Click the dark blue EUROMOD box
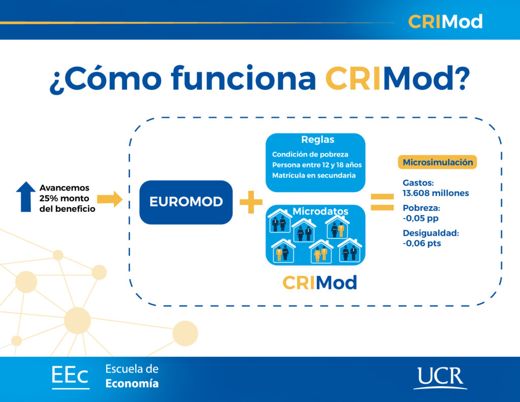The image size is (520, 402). [x=186, y=202]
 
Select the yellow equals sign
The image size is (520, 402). [x=382, y=201]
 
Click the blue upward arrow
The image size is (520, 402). [x=25, y=197]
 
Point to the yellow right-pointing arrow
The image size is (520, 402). [x=110, y=198]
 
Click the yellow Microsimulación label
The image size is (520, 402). [x=437, y=162]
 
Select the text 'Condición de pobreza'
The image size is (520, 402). [x=310, y=154]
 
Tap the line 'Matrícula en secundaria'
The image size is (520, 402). [x=313, y=176]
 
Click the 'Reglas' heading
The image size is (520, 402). [x=317, y=140]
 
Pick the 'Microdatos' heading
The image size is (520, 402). [x=320, y=210]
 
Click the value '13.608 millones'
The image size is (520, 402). [x=436, y=193]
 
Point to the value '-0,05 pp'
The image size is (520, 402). [x=420, y=218]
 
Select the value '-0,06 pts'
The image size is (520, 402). [x=421, y=243]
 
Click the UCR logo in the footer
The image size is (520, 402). [x=440, y=378]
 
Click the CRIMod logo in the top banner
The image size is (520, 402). [x=445, y=21]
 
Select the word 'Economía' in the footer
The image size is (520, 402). [x=132, y=384]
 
